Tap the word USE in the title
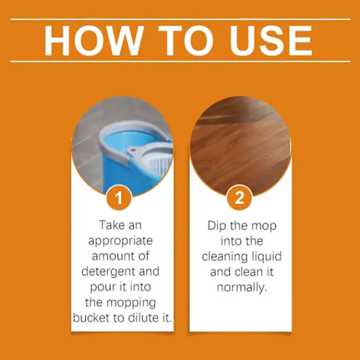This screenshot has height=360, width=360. tap(271, 41)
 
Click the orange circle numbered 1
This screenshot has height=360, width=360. tap(119, 197)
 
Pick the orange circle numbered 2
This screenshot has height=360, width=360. tap(239, 197)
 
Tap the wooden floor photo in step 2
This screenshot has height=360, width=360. tap(241, 146)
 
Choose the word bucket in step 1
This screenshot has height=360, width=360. tap(91, 318)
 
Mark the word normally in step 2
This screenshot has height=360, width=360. tap(242, 287)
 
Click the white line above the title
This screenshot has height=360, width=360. tap(181, 19)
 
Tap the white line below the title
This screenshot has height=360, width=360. tap(181, 61)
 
